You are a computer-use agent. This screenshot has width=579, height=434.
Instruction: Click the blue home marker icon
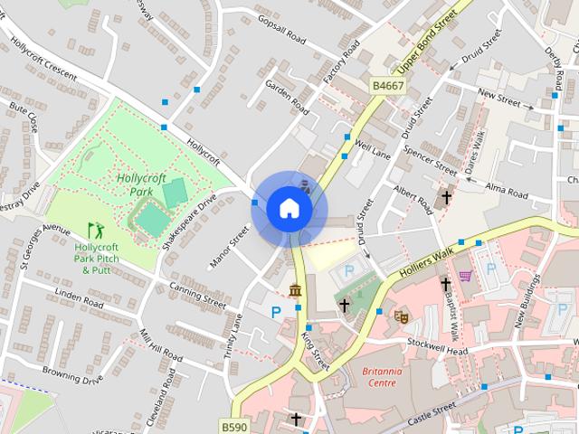coord(289,209)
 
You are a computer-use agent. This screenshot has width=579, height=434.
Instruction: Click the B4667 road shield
coord(387,86)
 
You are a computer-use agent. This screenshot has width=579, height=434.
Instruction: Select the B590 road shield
coord(233,425)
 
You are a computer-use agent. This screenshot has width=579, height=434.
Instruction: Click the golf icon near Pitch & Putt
coord(94,231)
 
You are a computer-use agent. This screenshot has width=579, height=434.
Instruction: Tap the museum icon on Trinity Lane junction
coord(295,289)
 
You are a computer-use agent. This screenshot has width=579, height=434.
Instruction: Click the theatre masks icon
coord(399,316)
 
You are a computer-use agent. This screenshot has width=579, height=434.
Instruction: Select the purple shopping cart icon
coord(465,276)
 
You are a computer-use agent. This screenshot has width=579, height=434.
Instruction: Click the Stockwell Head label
coord(438,350)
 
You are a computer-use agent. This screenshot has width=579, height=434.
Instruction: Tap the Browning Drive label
coord(73,375)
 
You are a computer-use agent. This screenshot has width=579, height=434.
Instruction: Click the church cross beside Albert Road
coord(445,196)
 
